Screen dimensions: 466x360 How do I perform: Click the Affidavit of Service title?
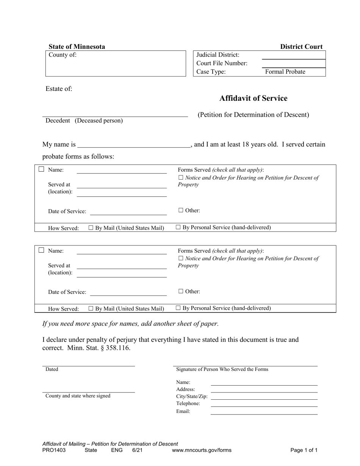253,99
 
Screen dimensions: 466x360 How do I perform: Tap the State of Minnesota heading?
77,47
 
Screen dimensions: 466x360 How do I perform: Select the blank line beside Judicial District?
293,55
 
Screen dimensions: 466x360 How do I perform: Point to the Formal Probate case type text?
285,72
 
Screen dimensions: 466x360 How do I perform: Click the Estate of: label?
59,89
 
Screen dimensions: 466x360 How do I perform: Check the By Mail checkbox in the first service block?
91,228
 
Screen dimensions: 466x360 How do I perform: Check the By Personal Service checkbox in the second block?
178,308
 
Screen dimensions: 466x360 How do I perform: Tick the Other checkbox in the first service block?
181,210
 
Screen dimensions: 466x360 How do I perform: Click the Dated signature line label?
52,369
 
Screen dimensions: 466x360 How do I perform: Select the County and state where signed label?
78,396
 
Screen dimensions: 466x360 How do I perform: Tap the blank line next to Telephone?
264,404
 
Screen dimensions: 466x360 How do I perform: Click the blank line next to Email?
264,411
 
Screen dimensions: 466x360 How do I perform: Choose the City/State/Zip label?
192,397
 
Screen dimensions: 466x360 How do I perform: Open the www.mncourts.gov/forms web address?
202,450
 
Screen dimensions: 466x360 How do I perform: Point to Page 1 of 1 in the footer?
304,450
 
